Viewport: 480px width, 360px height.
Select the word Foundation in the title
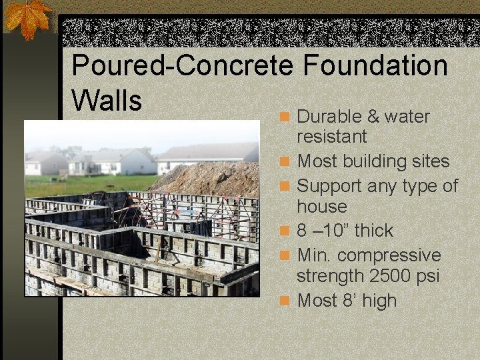click(375, 66)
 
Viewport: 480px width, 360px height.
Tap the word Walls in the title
click(107, 101)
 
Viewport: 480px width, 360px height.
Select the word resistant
click(332, 137)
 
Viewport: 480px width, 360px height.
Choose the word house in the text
click(322, 206)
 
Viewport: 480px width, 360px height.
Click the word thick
click(373, 231)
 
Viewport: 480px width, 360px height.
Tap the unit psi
click(427, 275)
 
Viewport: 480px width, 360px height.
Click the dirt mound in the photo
click(213, 179)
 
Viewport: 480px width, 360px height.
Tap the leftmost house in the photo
click(45, 164)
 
